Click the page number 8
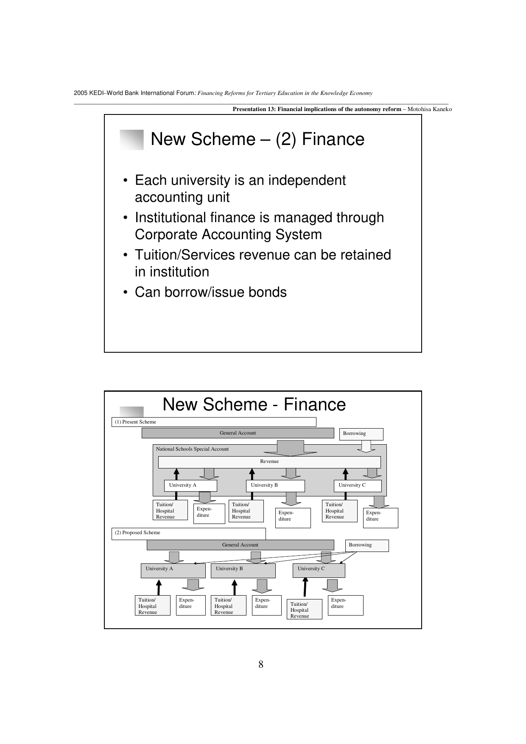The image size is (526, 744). pyautogui.click(x=261, y=664)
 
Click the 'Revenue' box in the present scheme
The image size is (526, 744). pyautogui.click(x=269, y=462)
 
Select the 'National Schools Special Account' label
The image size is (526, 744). pyautogui.click(x=192, y=449)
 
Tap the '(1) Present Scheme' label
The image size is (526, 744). pyautogui.click(x=136, y=422)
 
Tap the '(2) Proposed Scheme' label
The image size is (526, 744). pyautogui.click(x=138, y=532)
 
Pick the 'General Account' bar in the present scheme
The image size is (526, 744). pyautogui.click(x=238, y=433)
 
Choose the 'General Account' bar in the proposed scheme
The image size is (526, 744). pyautogui.click(x=240, y=545)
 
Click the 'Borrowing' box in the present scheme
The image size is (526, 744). pyautogui.click(x=361, y=434)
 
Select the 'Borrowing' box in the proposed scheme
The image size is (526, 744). pyautogui.click(x=367, y=545)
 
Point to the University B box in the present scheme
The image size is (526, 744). pyautogui.click(x=275, y=485)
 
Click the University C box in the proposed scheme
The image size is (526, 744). pyautogui.click(x=319, y=570)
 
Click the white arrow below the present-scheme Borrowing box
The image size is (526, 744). pyautogui.click(x=366, y=447)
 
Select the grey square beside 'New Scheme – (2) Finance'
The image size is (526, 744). pyautogui.click(x=131, y=139)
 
